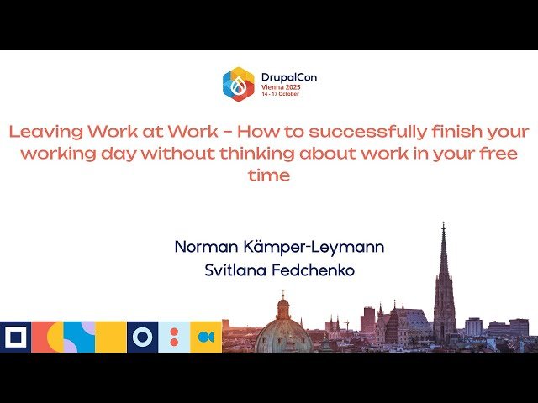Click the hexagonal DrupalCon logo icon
click(238, 84)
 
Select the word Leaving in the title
click(42, 132)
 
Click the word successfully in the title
click(347, 132)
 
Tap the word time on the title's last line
click(269, 175)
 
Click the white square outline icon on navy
click(15, 337)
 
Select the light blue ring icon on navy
click(142, 337)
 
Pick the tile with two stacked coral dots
click(174, 337)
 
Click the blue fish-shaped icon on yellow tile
click(206, 337)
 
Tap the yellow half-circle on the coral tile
click(52, 337)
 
